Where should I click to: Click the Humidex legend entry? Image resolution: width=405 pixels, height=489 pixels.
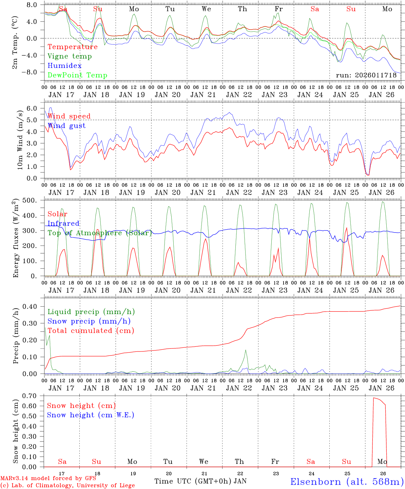64,66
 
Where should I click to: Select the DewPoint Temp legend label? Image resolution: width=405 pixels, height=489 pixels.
77,75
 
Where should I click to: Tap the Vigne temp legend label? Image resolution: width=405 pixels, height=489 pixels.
70,56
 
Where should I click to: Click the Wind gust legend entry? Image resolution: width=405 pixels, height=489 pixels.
66,126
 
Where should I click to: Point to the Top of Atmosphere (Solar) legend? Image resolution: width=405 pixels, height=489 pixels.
100,233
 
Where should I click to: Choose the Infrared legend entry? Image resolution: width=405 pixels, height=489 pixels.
63,223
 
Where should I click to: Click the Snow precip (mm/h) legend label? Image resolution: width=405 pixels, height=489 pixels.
89,321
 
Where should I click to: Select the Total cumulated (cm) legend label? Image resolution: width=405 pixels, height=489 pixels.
91,331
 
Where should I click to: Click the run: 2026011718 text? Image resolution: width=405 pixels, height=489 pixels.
366,75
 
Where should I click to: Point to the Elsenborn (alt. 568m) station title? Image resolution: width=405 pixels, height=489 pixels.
347,482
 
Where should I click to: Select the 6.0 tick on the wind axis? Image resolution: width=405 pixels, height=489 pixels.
31,108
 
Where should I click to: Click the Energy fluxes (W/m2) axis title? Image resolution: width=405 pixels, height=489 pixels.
16,239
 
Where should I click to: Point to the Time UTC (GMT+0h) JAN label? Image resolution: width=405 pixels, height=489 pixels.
200,481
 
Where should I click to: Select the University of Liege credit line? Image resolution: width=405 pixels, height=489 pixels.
67,486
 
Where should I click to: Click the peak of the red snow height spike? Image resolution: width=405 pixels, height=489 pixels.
374,398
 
